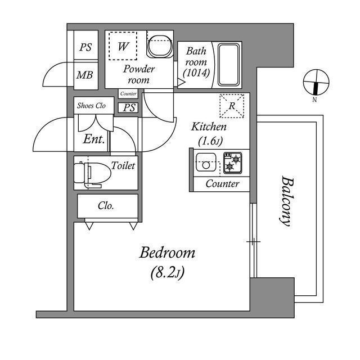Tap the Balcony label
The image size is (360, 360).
tap(286, 201)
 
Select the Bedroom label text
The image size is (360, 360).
tap(167, 253)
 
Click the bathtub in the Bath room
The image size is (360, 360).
tap(228, 63)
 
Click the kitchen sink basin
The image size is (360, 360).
tap(205, 165)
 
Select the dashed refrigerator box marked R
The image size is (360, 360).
tap(232, 105)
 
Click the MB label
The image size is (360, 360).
tap(85, 75)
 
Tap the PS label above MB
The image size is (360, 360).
tap(85, 48)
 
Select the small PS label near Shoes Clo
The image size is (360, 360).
tap(129, 107)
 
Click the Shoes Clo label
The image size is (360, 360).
tap(91, 105)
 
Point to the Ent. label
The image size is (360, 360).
tap(94, 139)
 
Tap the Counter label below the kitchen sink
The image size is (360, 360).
tap(222, 184)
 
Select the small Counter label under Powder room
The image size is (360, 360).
tap(128, 94)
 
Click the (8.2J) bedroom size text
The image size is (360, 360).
tap(167, 273)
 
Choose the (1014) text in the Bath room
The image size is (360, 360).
tap(196, 72)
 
